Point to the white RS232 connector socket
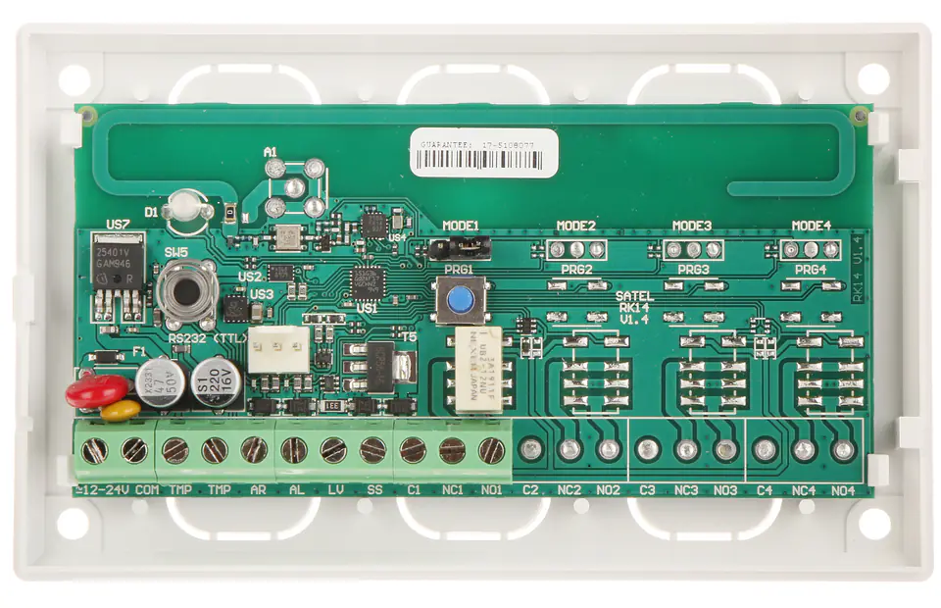click(277, 349)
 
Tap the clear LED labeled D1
click(183, 208)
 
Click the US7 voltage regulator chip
click(116, 266)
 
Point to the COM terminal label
click(147, 489)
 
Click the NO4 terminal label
click(843, 490)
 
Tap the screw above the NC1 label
click(452, 450)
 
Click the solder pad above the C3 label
click(647, 450)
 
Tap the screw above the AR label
click(254, 450)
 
